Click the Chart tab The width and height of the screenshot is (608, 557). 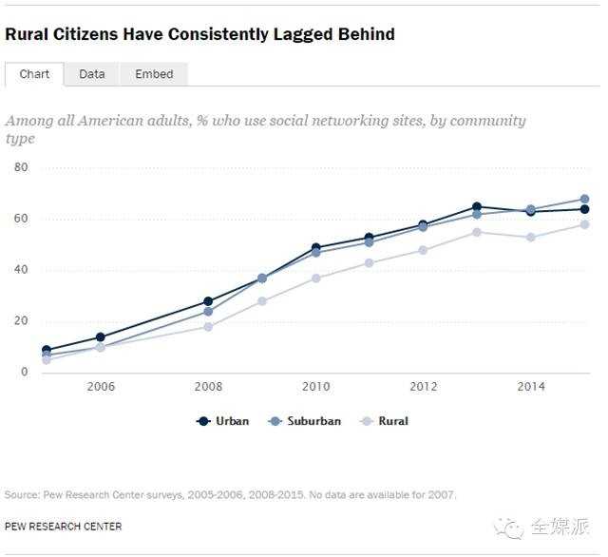tap(34, 74)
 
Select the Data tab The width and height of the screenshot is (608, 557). tap(92, 74)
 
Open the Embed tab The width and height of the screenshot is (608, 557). tap(154, 74)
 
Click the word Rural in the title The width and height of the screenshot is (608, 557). tap(28, 34)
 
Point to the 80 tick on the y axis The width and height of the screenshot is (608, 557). tap(21, 167)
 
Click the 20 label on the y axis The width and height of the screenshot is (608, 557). tap(21, 321)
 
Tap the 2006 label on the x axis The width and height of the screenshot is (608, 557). tap(100, 387)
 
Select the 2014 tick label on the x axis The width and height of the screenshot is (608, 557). tap(531, 387)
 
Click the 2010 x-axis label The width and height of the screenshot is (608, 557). tap(315, 387)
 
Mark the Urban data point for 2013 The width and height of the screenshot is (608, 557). tap(477, 206)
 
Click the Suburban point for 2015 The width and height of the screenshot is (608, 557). tap(585, 200)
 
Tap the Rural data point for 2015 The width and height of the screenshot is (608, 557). tap(585, 224)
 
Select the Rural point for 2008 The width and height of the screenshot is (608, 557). tap(208, 327)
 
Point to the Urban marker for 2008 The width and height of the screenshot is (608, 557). tap(208, 301)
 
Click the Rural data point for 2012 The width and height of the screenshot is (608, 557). tap(423, 250)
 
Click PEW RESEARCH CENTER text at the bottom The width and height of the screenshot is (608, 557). tap(63, 526)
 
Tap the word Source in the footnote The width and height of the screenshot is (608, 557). tap(20, 494)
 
